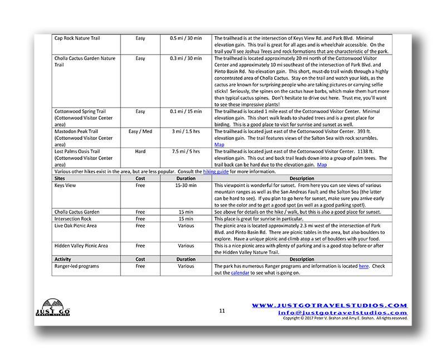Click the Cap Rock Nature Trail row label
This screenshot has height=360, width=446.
pyautogui.click(x=77, y=38)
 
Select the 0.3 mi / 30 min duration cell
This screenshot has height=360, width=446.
pyautogui.click(x=186, y=59)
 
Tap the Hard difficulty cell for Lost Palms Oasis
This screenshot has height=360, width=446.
pyautogui.click(x=140, y=152)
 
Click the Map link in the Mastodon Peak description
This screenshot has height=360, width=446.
pyautogui.click(x=220, y=145)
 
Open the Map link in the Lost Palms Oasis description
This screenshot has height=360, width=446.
pyautogui.click(x=322, y=165)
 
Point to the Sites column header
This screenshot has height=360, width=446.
pyautogui.click(x=61, y=178)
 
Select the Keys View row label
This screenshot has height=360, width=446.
pyautogui.click(x=65, y=185)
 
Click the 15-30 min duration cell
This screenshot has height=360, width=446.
pyautogui.click(x=186, y=185)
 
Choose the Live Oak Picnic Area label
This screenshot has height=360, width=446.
pyautogui.click(x=76, y=226)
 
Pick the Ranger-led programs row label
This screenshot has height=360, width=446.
pyautogui.click(x=76, y=266)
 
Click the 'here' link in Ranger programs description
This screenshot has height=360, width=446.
pyautogui.click(x=363, y=266)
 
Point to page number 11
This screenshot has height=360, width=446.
pyautogui.click(x=222, y=311)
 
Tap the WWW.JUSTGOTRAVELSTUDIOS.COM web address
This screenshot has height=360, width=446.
pyautogui.click(x=329, y=305)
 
